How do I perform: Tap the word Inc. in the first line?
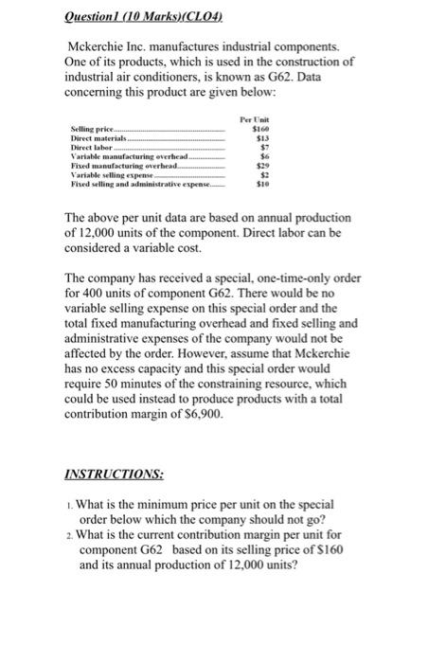[143, 45]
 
